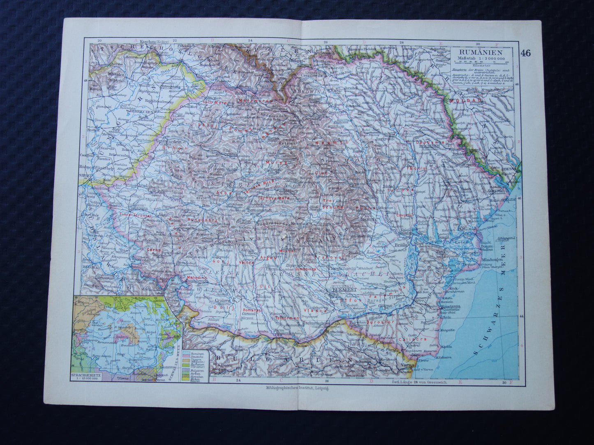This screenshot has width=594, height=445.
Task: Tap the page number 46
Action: (x=525, y=53)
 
